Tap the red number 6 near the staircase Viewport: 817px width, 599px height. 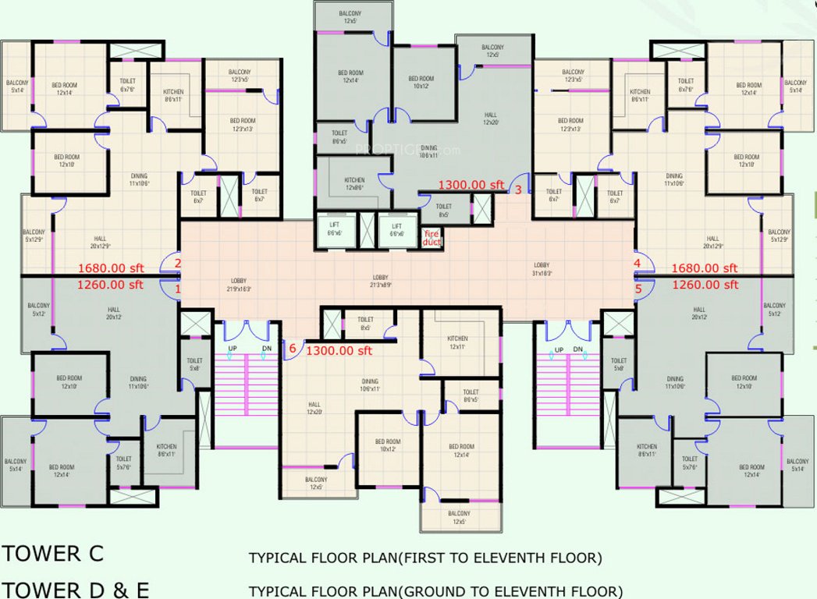tap(293, 348)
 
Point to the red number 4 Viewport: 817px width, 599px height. tap(638, 264)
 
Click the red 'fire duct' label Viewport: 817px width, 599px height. tap(432, 237)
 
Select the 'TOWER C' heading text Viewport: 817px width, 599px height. tap(52, 554)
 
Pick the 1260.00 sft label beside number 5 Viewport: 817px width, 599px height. tap(705, 285)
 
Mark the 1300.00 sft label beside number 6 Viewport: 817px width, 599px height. tap(339, 351)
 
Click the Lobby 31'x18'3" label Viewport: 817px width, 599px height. tap(542, 269)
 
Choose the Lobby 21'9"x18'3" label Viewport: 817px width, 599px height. tap(239, 285)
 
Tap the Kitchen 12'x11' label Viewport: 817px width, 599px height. tap(457, 342)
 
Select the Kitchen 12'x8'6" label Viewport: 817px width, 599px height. tap(353, 185)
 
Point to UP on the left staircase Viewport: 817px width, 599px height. tap(233, 349)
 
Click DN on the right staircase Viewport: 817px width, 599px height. tap(577, 349)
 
